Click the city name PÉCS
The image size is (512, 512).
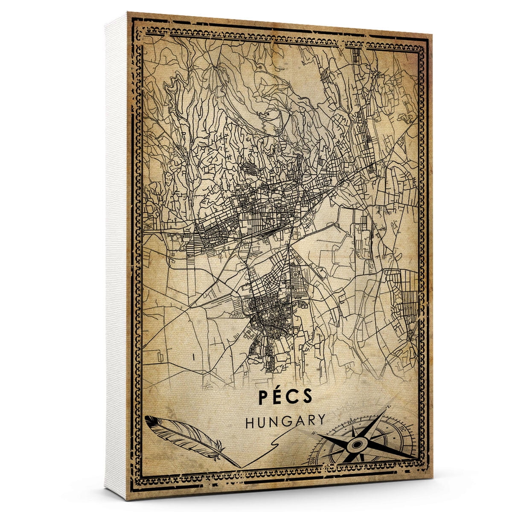click(x=285, y=397)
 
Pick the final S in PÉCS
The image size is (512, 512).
click(x=308, y=397)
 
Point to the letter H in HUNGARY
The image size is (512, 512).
click(x=251, y=422)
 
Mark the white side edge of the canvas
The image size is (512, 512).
click(x=115, y=256)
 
